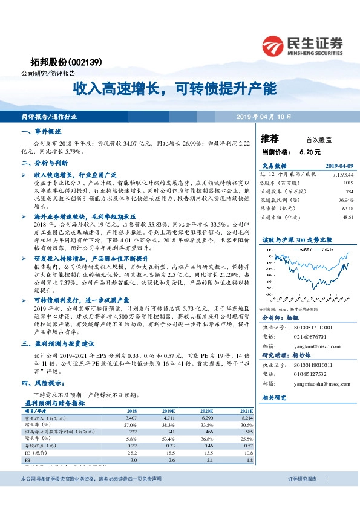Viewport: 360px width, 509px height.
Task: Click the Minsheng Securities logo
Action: [x=303, y=45]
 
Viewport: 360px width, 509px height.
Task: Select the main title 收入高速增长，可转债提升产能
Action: [x=175, y=88]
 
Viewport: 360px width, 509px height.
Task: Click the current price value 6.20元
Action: [x=309, y=152]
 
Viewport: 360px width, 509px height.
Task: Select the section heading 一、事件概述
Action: [x=41, y=131]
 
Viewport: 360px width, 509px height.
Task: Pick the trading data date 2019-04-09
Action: [x=339, y=166]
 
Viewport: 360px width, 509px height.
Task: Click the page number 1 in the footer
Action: [x=328, y=496]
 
